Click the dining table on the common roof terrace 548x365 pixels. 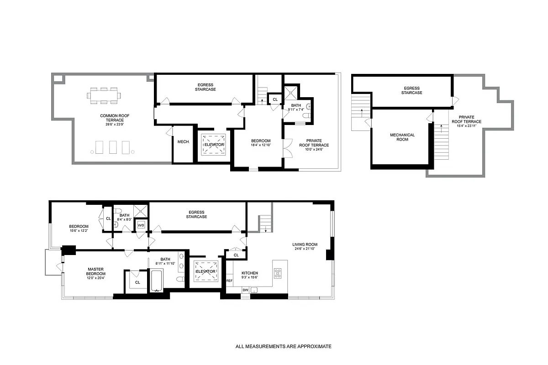coord(104,96)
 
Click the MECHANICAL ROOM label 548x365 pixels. coord(402,137)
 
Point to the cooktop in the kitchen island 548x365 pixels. coord(278,273)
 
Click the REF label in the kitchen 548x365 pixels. coord(229,281)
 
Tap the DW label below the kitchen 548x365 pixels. coord(245,290)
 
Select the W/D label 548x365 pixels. coord(141,225)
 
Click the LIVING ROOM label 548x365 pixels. coord(305,245)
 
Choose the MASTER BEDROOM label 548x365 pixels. coord(96,271)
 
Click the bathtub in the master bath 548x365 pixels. coord(157,280)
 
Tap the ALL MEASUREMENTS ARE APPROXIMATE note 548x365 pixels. coord(283,346)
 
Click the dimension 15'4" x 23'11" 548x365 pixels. coord(466,125)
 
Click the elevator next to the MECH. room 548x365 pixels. coord(214,145)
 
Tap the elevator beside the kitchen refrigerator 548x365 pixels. coord(205,271)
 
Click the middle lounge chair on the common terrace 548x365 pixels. coord(113,147)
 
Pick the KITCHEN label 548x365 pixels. coord(249,273)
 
